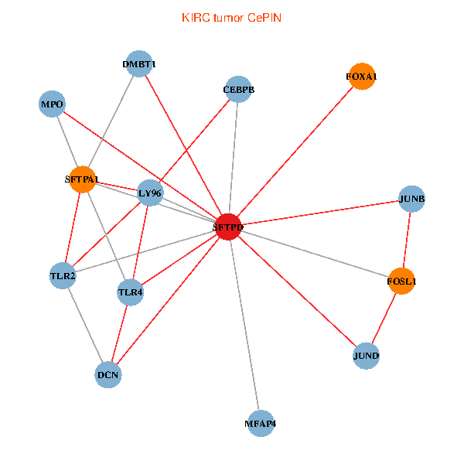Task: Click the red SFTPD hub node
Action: [x=227, y=227]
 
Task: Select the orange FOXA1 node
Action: [x=362, y=77]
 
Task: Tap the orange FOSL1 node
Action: [x=402, y=281]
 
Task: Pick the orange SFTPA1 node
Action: [x=82, y=179]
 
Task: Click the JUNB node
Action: [x=411, y=200]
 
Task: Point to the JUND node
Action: [x=366, y=356]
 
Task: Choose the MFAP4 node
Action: [x=261, y=423]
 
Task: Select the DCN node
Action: [x=108, y=375]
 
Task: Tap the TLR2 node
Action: [x=63, y=275]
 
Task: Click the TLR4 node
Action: [x=131, y=292]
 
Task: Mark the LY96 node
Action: [x=150, y=193]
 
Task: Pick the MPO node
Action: [x=53, y=104]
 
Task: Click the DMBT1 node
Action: [x=139, y=64]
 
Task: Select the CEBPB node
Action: [x=238, y=90]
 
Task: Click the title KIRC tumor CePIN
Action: [x=231, y=17]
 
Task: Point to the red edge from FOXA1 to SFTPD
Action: [x=295, y=152]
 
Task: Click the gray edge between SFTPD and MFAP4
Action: [x=244, y=325]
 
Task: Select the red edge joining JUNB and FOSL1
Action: [x=407, y=241]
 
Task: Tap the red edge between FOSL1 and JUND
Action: [x=384, y=319]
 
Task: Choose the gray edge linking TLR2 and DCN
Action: [x=85, y=325]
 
